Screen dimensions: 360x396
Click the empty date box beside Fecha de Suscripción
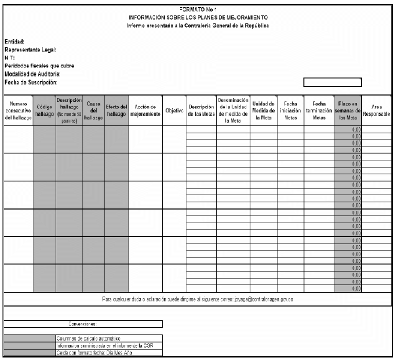pyautogui.click(x=332, y=82)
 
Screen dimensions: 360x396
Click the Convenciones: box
pyautogui.click(x=83, y=324)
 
